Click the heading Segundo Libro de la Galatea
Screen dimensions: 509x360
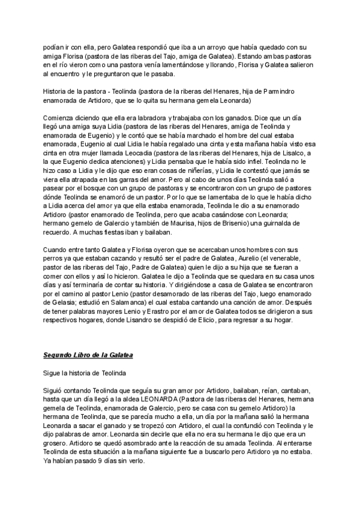coord(88,355)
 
